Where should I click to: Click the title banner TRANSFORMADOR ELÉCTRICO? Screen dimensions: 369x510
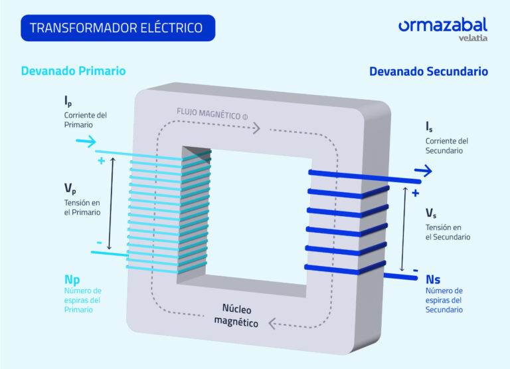117,29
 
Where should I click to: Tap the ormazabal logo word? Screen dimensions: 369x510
442,25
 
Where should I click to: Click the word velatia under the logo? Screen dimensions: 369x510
473,38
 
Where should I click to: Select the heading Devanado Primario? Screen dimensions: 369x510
73,70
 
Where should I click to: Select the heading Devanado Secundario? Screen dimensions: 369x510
428,71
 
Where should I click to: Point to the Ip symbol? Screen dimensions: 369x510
68,101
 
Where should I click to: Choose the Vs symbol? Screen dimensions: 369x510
431,213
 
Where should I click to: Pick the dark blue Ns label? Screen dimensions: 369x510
433,279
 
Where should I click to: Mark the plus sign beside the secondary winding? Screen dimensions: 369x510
416,193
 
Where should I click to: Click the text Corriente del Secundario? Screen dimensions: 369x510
447,146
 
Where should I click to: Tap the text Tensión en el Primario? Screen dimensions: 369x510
82,207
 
